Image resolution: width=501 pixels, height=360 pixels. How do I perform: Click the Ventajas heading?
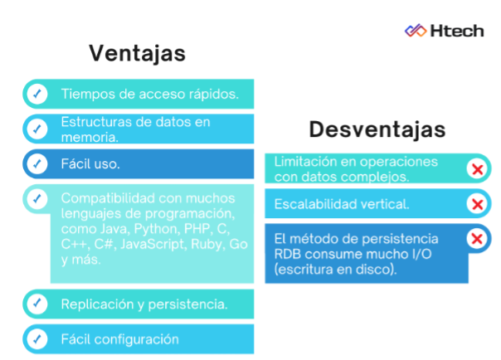coord(137,53)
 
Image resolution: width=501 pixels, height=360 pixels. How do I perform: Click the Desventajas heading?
coord(377,129)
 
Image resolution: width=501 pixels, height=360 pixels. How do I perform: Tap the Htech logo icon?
coord(416,31)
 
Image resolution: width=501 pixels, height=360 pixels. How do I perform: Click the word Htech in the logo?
coord(457,31)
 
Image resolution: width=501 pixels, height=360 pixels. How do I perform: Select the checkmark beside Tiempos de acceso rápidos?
coord(37,94)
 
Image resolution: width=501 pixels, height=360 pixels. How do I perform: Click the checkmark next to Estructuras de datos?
coord(37,129)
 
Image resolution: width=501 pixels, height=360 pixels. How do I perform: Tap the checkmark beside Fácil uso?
coord(37,163)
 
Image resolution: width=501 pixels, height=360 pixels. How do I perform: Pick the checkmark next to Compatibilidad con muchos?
coord(37,199)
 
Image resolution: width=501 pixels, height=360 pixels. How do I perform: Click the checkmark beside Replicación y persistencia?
coord(37,304)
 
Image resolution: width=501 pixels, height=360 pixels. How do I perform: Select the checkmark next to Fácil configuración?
coord(37,338)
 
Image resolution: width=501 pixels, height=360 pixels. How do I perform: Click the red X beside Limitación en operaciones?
coord(477,169)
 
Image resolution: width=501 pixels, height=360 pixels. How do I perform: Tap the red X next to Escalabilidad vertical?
coord(477,204)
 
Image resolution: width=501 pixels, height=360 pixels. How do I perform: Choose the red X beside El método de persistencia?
coord(477,239)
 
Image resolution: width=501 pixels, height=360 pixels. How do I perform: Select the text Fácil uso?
coord(90,164)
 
